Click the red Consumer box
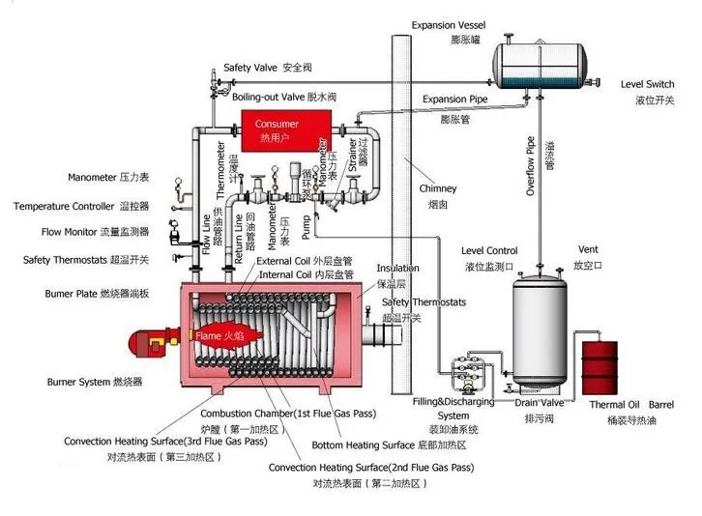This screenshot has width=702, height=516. tap(278, 130)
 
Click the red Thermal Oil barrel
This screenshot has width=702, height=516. tap(600, 366)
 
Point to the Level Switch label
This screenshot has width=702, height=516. tap(647, 85)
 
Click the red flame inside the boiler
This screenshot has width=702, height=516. tap(221, 335)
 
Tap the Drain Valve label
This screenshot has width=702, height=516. tap(539, 402)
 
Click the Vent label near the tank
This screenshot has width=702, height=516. tap(587, 250)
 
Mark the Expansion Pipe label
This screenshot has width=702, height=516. tap(457, 100)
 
